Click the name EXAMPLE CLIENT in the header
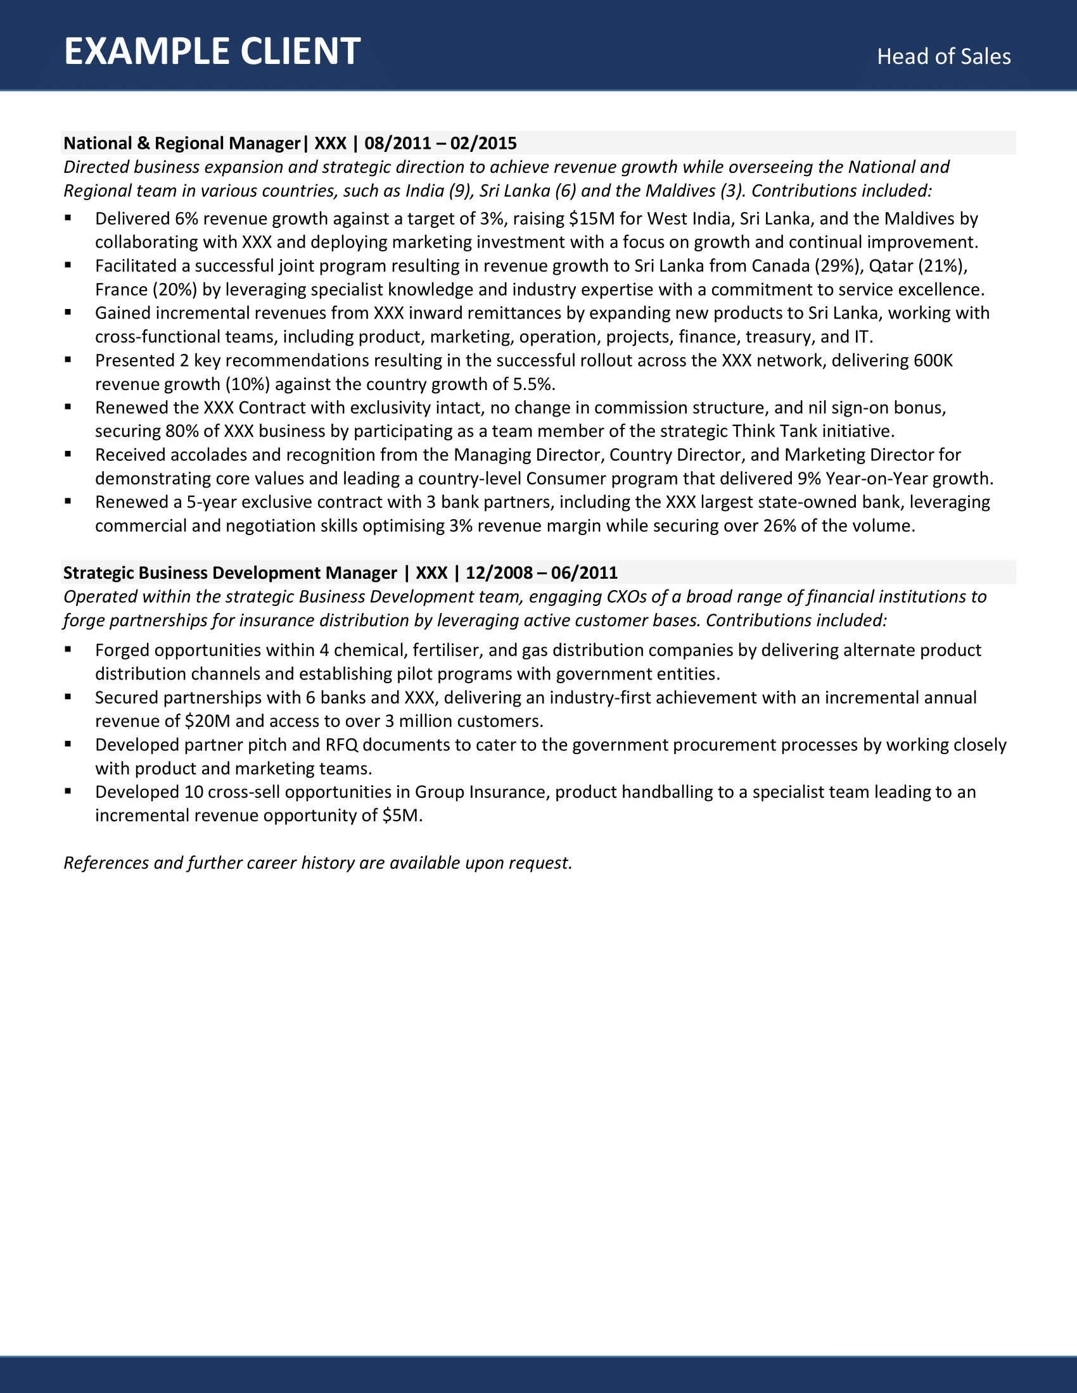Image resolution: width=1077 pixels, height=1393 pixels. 212,52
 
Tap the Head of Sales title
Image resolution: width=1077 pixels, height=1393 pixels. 943,57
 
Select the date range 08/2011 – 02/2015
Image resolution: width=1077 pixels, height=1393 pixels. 440,143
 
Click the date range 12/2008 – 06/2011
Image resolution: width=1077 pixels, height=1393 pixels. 541,573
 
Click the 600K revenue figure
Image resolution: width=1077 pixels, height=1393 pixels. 933,360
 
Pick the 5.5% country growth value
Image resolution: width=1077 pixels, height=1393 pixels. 533,384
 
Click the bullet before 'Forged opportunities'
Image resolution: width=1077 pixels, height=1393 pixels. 68,649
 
